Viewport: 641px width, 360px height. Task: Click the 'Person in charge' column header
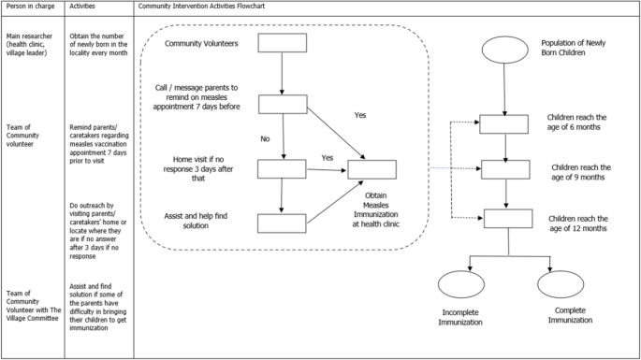[x=29, y=7]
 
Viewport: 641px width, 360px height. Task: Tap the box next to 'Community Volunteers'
[x=282, y=44]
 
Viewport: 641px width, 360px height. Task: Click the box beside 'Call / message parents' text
[x=282, y=104]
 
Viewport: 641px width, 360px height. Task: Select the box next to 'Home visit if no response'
[x=282, y=168]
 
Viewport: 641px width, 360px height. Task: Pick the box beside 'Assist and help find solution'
[x=282, y=223]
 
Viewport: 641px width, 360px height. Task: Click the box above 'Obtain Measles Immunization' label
[x=371, y=169]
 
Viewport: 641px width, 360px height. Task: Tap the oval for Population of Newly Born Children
[x=504, y=50]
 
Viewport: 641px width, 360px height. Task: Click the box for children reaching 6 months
[x=504, y=123]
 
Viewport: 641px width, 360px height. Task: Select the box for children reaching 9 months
[x=504, y=169]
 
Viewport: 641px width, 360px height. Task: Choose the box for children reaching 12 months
[x=509, y=219]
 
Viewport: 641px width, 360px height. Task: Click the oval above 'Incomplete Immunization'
[x=462, y=285]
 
